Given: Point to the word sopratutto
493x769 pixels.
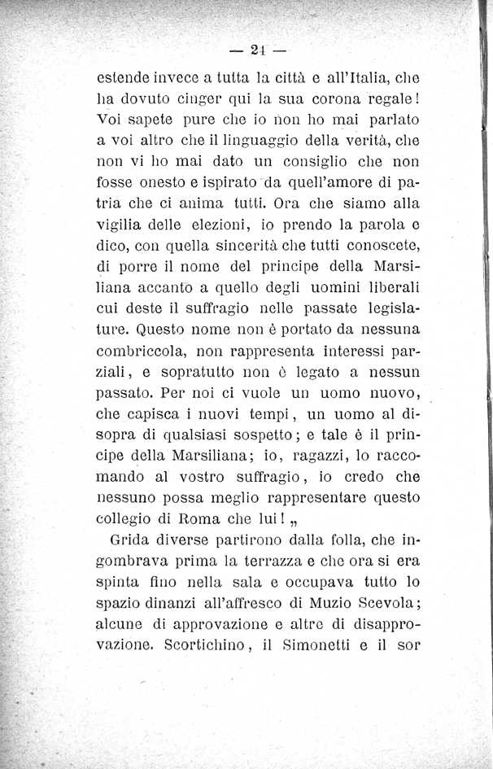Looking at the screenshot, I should pyautogui.click(x=192, y=376).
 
